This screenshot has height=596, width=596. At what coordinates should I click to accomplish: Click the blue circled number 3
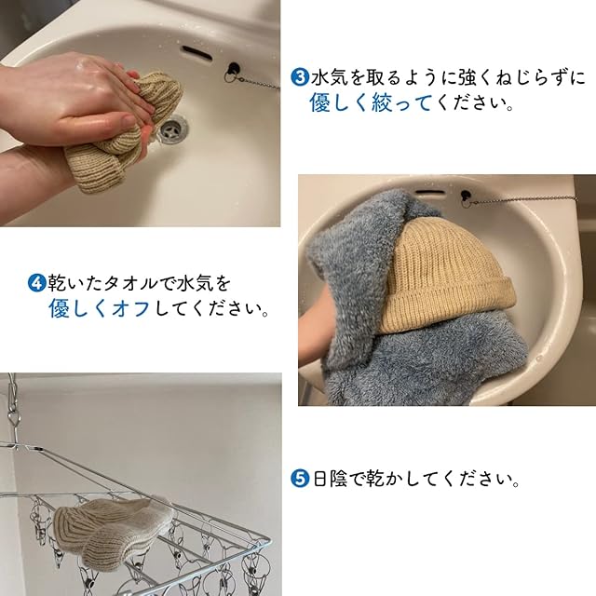[x=300, y=77]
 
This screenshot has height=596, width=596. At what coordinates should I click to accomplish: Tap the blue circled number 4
[x=37, y=283]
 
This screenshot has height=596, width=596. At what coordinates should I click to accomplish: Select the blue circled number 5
[x=300, y=478]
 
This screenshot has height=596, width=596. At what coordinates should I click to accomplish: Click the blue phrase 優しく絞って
[x=371, y=102]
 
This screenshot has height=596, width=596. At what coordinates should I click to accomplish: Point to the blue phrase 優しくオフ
[x=100, y=308]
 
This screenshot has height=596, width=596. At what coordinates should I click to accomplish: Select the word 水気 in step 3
[x=330, y=77]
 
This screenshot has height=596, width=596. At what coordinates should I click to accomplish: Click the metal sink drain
[x=172, y=129]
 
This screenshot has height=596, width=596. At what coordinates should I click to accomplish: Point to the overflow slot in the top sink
[x=196, y=53]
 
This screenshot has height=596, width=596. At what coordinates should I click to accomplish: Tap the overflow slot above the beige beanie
[x=429, y=192]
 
